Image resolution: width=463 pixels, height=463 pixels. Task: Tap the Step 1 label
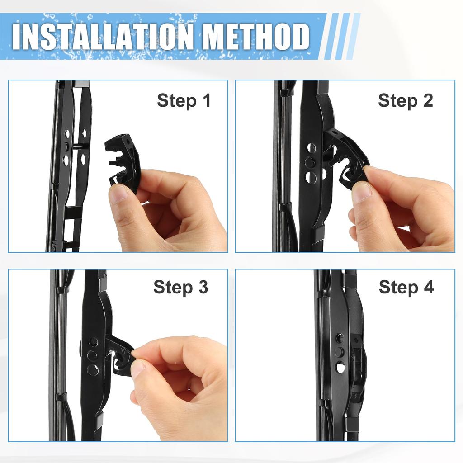(x=184, y=101)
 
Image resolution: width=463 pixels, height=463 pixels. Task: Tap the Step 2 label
(x=405, y=101)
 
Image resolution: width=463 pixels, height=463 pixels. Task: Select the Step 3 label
(x=180, y=287)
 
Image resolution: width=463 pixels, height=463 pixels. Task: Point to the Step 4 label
(x=406, y=287)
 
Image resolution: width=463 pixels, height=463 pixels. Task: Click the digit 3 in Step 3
(x=203, y=287)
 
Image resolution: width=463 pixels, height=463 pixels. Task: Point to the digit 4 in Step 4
(x=428, y=287)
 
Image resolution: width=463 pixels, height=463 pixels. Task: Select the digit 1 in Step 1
(x=207, y=101)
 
